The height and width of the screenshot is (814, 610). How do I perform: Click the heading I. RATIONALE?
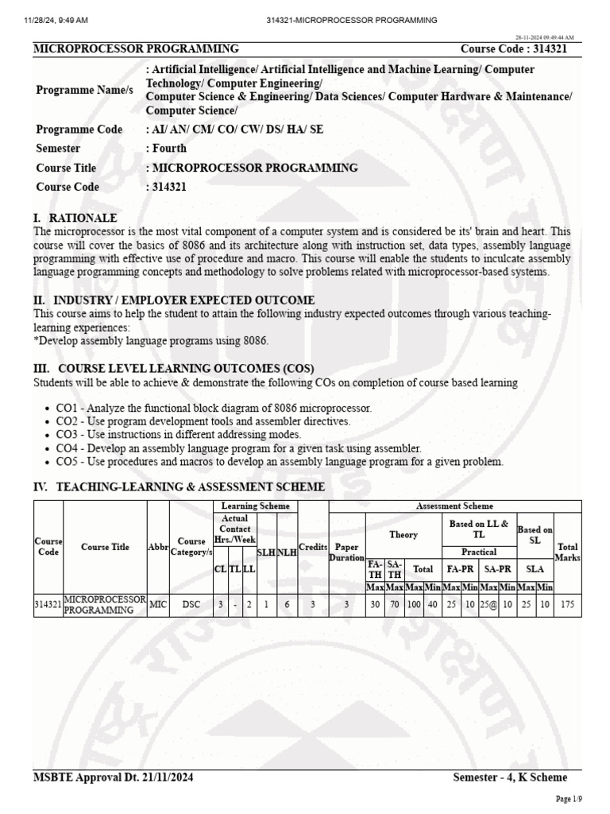point(75,218)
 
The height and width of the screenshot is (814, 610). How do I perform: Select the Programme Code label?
point(79,130)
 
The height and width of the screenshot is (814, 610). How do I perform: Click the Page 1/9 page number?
point(569,798)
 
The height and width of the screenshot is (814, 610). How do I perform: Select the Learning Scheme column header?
point(255,506)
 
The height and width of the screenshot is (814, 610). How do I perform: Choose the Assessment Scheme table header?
point(454,506)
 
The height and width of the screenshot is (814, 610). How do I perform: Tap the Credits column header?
point(313,548)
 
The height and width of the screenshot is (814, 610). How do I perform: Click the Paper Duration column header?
point(346,552)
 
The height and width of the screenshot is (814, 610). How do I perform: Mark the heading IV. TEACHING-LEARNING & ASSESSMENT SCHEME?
point(179,486)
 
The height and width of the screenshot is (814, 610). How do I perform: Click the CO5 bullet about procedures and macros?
point(280,462)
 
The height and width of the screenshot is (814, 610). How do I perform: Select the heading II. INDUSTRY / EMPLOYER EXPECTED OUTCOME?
point(174,300)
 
